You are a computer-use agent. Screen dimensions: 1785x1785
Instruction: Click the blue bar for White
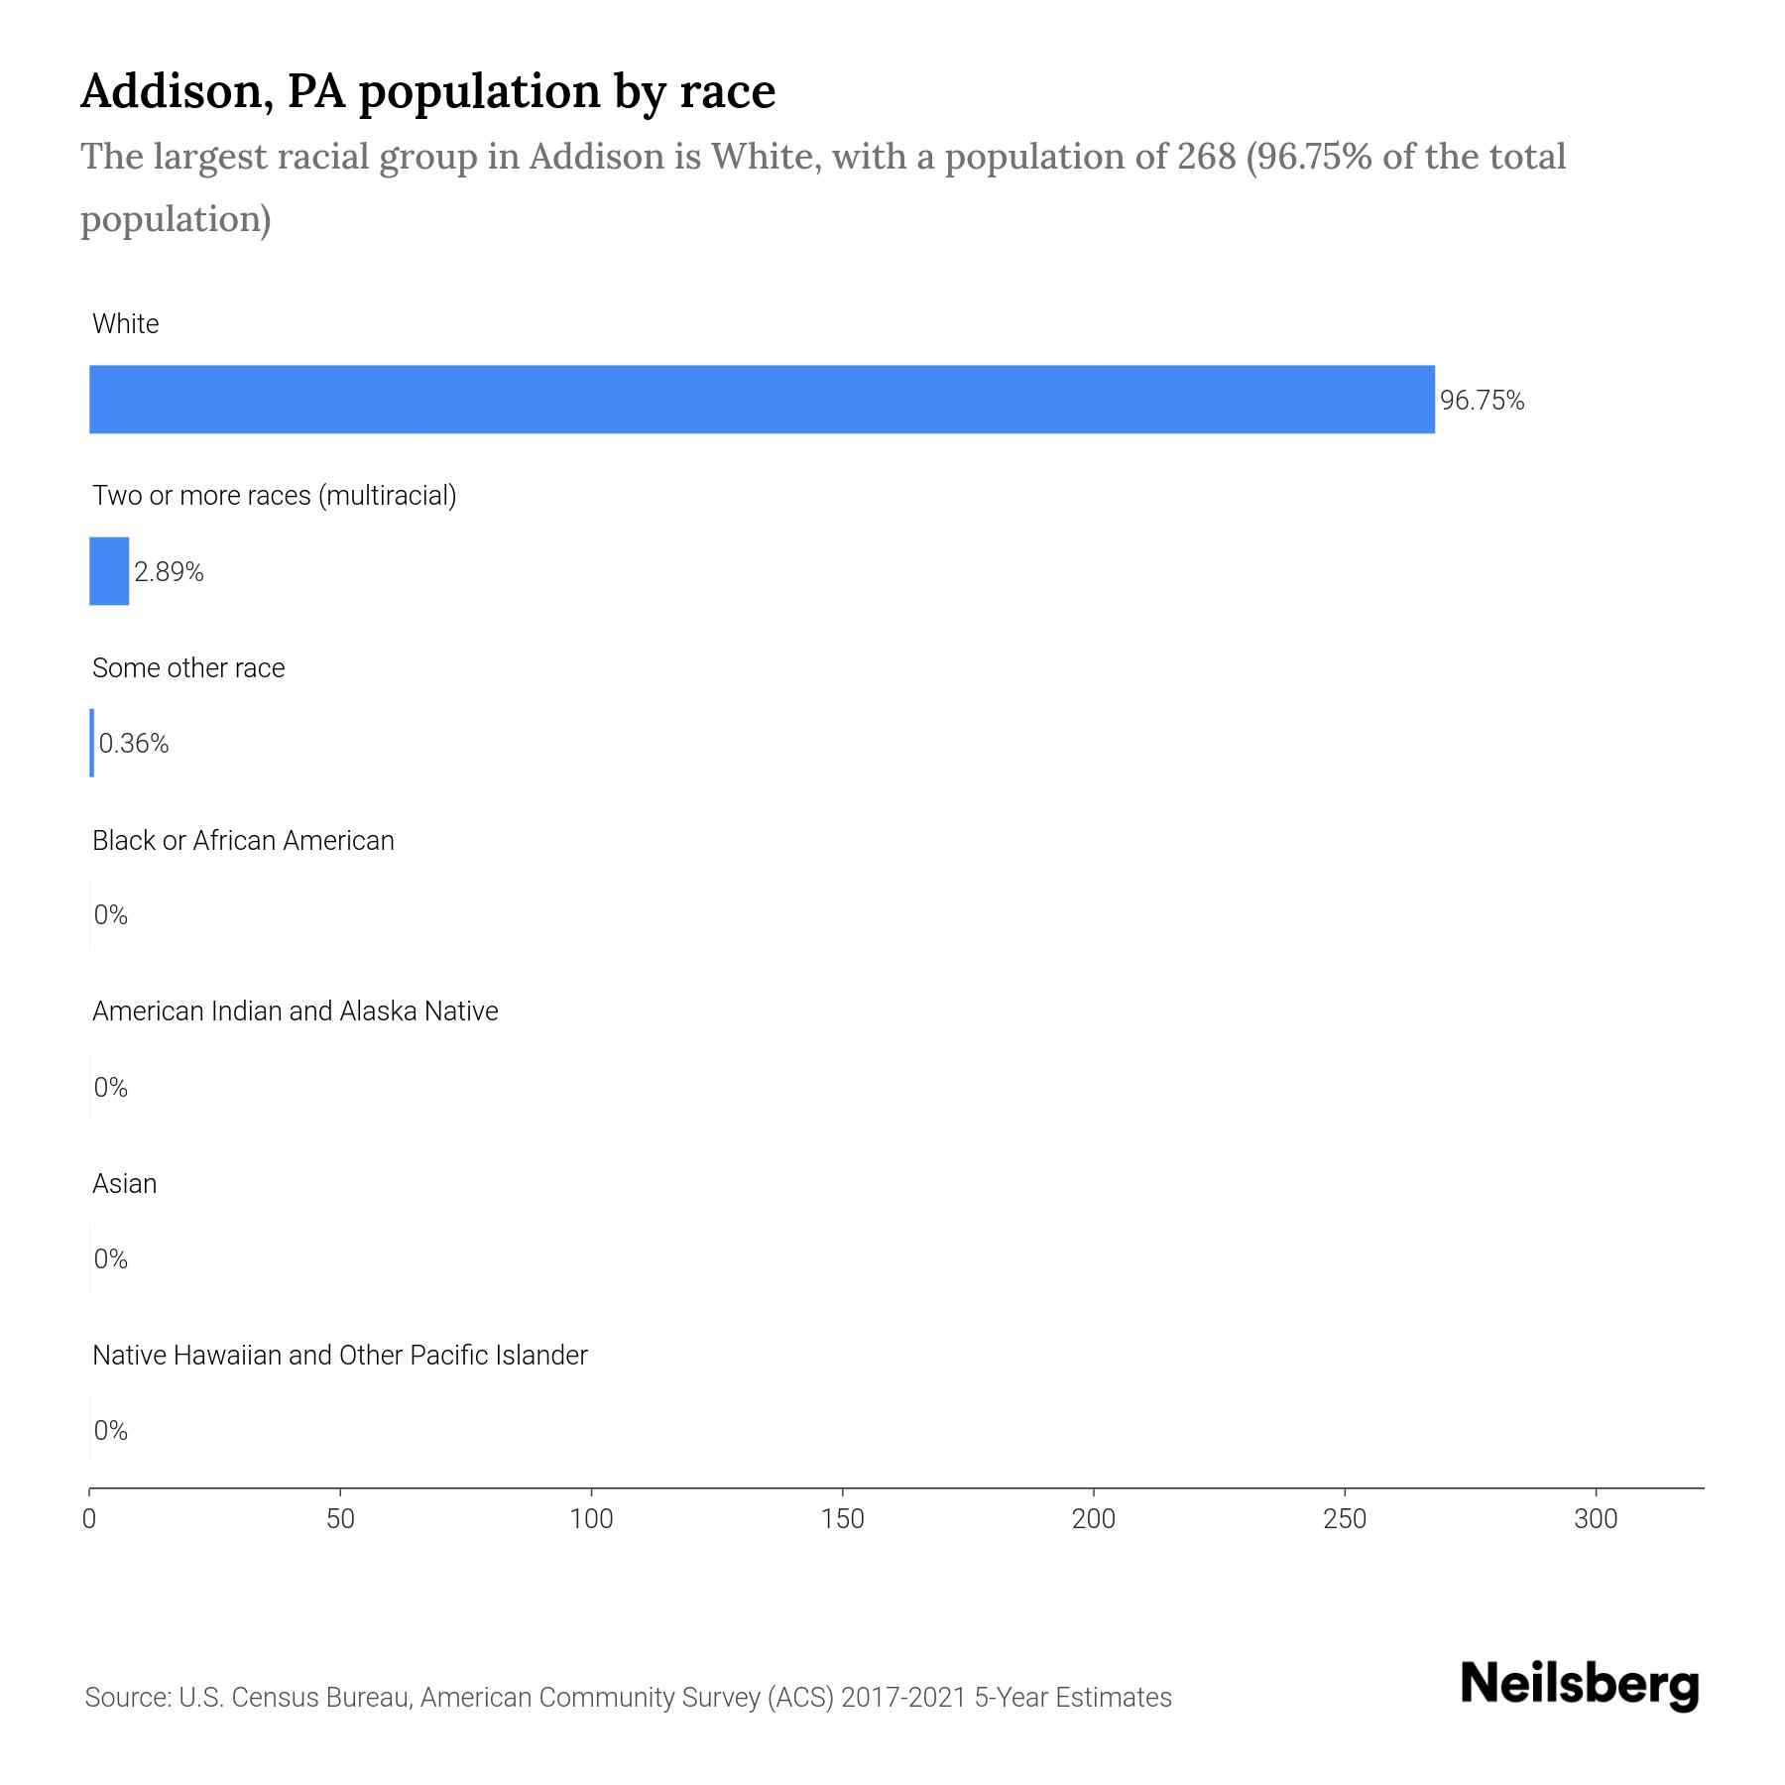pos(762,400)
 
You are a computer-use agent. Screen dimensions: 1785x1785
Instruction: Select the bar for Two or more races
pos(109,571)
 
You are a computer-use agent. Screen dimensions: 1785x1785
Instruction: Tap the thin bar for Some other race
pos(92,743)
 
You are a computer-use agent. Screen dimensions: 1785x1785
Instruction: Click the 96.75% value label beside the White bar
pos(1482,401)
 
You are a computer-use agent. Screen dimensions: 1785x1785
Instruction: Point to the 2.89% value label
pos(169,572)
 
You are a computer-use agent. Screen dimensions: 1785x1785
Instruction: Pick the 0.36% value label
pos(134,744)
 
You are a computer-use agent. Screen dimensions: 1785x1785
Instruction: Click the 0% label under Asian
pos(111,1259)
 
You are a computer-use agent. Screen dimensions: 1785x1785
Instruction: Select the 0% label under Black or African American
pos(111,915)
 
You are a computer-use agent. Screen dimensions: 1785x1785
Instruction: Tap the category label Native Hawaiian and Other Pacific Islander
pos(339,1356)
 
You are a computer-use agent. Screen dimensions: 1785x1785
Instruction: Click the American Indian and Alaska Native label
pos(295,1011)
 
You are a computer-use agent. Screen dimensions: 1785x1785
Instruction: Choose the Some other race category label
pos(188,668)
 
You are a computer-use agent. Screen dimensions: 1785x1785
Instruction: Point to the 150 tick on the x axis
pos(843,1519)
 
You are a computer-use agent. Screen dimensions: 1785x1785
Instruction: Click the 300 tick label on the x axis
pos(1596,1519)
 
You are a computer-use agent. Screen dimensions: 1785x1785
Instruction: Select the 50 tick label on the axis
pos(340,1519)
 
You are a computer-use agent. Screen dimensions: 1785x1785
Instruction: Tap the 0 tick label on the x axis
pos(89,1519)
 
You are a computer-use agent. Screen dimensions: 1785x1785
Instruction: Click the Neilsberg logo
pos(1580,1685)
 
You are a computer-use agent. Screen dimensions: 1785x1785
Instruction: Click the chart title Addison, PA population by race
pos(427,91)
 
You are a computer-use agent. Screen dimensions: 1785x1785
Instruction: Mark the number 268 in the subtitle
pos(1207,157)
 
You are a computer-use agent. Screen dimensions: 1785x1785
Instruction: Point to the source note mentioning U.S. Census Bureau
pos(628,1698)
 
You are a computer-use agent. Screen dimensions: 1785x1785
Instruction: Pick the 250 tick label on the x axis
pos(1345,1519)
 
